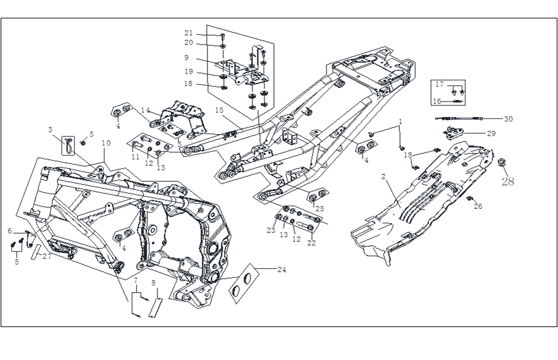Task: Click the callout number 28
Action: [507, 182]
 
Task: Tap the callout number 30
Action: [509, 118]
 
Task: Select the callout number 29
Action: [491, 133]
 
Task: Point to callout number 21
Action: [189, 34]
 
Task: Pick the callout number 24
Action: [281, 269]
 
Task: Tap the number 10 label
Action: [106, 144]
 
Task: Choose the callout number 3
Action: [50, 130]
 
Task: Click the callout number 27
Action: [47, 256]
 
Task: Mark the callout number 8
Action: [153, 282]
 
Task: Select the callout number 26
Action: [478, 206]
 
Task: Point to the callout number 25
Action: [319, 208]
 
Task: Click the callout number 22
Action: [311, 243]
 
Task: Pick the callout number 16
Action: [436, 101]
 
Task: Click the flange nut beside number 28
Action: [501, 163]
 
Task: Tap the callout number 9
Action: [187, 58]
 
